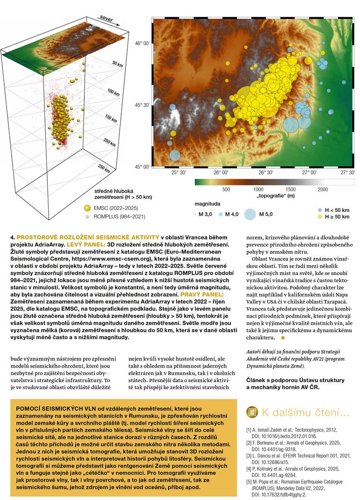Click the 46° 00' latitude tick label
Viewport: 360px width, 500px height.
click(x=142, y=43)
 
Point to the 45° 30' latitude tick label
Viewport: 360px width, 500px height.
click(x=142, y=105)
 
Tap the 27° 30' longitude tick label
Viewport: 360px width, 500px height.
click(x=348, y=173)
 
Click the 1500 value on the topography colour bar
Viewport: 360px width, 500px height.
click(x=290, y=189)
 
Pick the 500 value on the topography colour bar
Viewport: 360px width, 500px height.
click(x=226, y=189)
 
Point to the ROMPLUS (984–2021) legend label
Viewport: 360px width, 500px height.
click(x=119, y=216)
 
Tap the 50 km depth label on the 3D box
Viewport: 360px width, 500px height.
click(x=118, y=64)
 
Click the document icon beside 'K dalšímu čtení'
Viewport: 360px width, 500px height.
click(x=252, y=412)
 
